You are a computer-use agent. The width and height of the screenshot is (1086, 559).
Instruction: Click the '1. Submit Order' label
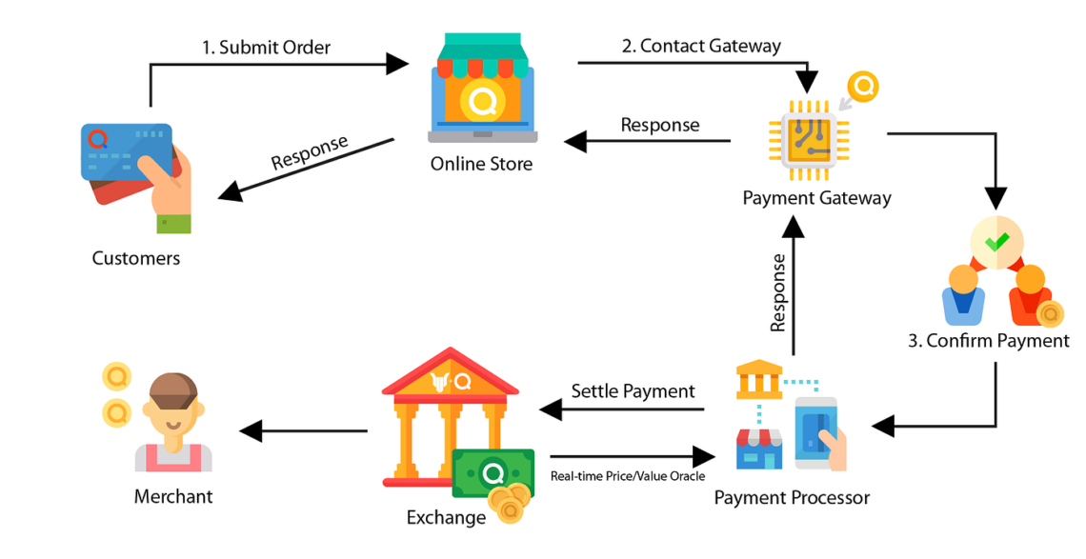(266, 47)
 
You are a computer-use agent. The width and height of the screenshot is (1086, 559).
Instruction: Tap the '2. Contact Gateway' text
(700, 46)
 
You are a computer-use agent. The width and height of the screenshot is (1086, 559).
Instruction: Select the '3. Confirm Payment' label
(988, 341)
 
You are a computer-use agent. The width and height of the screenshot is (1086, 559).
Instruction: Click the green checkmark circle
(996, 242)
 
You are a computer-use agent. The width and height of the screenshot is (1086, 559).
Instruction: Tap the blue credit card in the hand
(124, 152)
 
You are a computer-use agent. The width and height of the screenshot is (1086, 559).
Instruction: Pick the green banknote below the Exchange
(493, 472)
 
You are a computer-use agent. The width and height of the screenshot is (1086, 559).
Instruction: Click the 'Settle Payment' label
(633, 391)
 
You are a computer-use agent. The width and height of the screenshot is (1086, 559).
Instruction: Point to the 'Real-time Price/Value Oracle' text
(628, 476)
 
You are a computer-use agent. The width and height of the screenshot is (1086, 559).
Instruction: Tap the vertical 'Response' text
(778, 292)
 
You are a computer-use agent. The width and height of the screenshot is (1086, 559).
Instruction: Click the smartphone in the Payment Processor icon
(817, 431)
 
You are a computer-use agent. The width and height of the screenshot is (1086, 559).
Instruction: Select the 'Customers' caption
(135, 258)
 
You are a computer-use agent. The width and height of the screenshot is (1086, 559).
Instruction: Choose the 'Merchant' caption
(172, 496)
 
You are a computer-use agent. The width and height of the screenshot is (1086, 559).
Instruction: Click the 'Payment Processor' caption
(791, 497)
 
